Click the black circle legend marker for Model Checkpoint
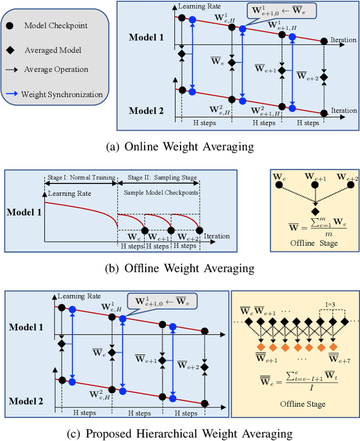11,26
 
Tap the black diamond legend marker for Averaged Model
11,50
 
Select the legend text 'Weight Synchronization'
62,94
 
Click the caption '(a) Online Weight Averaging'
179,146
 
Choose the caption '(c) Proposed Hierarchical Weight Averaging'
179,433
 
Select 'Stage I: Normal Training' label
80,178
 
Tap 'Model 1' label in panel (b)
24,213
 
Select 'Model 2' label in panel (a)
146,110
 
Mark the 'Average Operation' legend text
56,70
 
